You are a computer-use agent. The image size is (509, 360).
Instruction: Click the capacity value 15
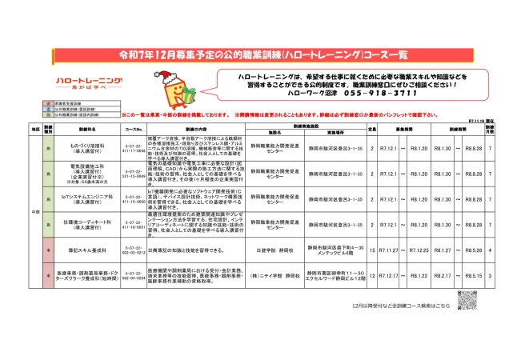(372, 250)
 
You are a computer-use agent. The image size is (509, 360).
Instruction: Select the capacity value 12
(372, 275)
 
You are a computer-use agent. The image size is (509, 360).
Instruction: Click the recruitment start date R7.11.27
(389, 250)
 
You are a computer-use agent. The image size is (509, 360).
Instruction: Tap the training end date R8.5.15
(471, 275)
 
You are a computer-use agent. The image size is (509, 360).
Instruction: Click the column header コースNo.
(134, 128)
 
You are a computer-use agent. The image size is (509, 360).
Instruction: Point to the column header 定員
(372, 128)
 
